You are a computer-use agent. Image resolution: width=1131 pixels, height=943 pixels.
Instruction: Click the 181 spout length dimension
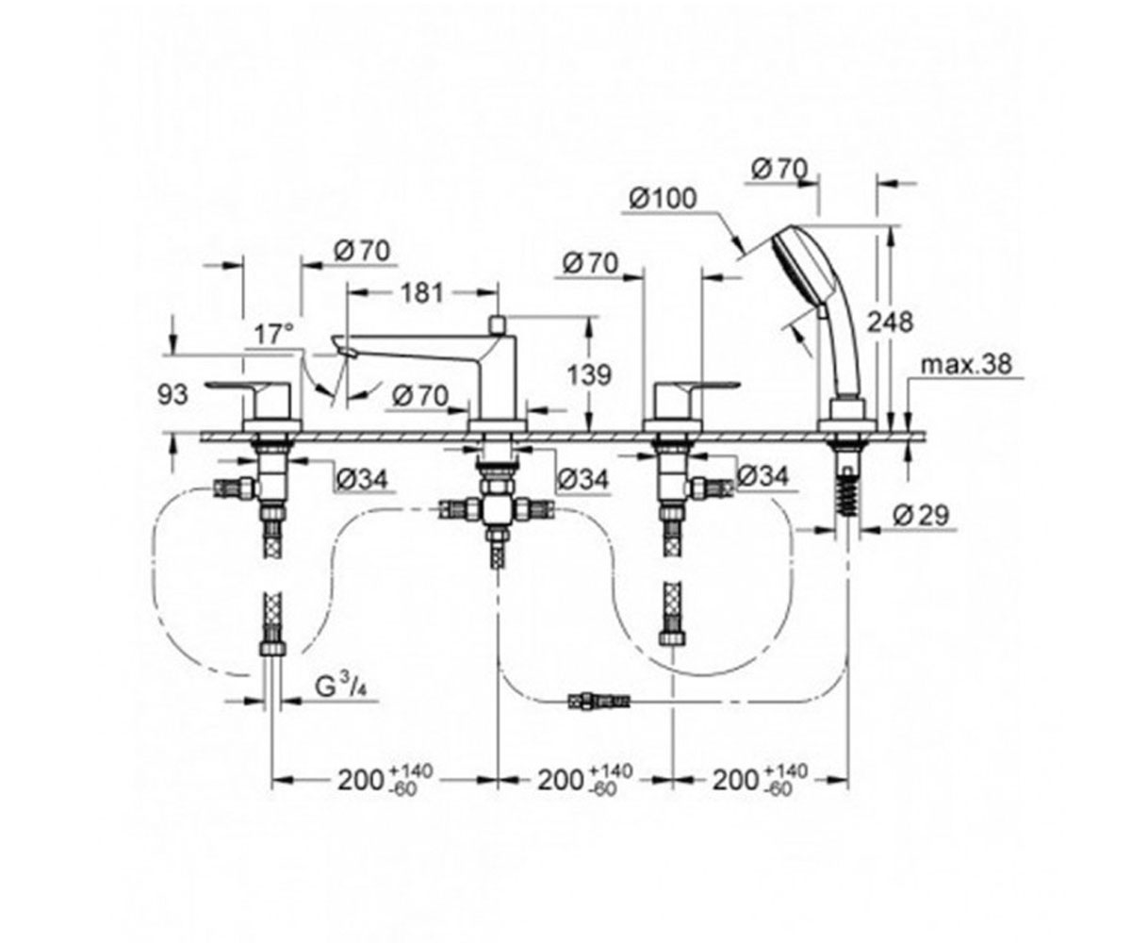click(422, 293)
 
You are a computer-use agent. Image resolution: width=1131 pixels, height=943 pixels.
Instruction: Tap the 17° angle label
click(274, 335)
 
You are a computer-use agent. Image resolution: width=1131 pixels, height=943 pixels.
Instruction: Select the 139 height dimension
click(589, 375)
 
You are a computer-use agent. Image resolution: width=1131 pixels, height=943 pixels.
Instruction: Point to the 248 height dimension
click(890, 323)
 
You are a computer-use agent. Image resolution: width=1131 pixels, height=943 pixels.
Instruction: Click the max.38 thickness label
click(966, 364)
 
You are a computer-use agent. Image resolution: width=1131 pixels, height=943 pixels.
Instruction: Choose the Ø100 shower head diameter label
click(663, 199)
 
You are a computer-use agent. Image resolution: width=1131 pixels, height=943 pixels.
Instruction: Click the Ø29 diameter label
click(921, 515)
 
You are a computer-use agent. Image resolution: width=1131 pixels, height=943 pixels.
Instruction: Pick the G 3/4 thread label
click(342, 688)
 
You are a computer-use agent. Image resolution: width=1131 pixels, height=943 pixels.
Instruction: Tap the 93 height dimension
click(172, 394)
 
